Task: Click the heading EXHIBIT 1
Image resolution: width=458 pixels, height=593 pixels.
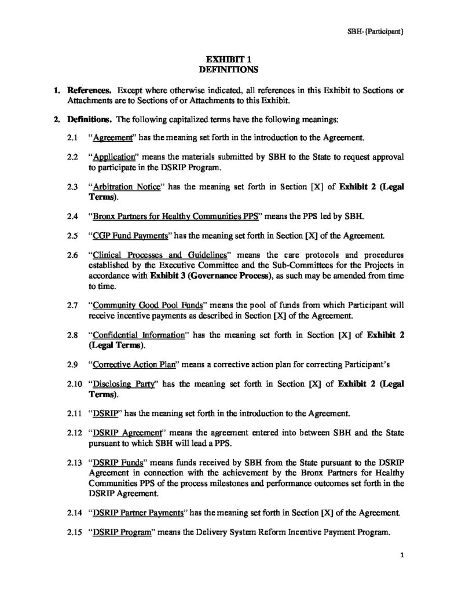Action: coord(228,58)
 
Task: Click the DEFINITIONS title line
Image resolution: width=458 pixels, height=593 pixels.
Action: coord(228,69)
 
